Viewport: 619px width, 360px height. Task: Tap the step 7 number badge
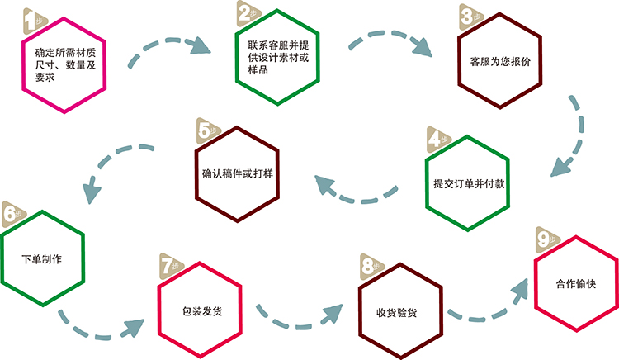[168, 266]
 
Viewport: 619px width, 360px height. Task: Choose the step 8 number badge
[369, 266]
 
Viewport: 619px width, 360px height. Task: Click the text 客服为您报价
[500, 61]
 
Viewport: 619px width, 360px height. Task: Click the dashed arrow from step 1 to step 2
[171, 45]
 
